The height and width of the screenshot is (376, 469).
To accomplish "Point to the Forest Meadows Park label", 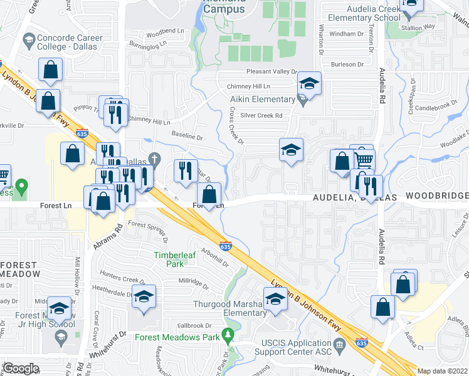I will pos(177,337).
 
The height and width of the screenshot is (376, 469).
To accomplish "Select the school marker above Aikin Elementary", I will pos(308,83).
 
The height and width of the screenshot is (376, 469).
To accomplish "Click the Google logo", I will pos(21,368).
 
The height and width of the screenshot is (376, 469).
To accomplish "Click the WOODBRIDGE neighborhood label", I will pos(436,196).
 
